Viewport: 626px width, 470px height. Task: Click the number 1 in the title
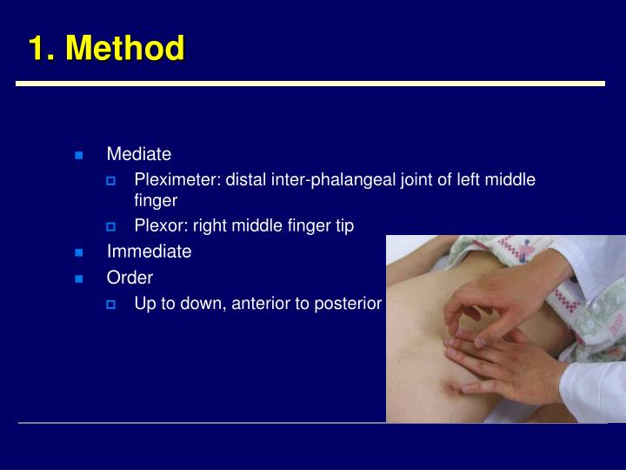37,48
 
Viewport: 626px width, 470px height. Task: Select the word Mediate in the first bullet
138,154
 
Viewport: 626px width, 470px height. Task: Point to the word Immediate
149,252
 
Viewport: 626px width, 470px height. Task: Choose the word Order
130,278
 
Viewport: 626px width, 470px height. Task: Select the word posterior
350,304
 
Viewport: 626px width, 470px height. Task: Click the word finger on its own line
156,200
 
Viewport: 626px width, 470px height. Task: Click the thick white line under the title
310,84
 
